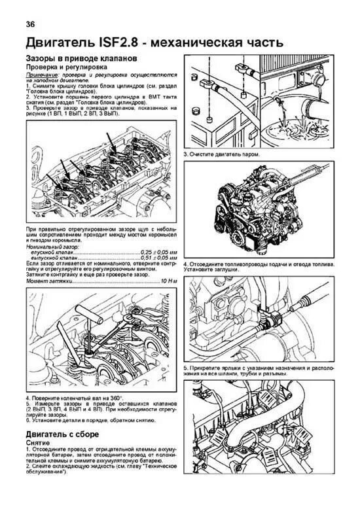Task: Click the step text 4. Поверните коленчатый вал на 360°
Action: (x=70, y=398)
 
